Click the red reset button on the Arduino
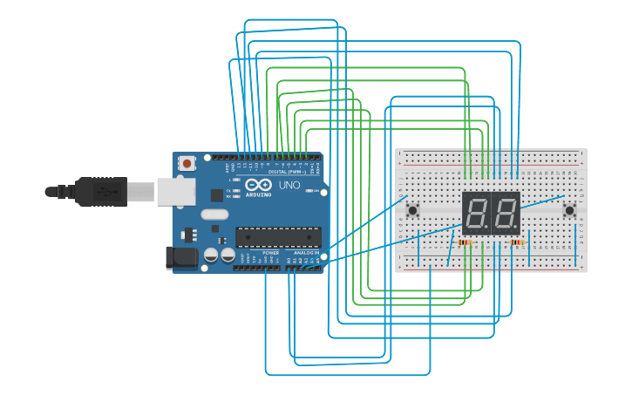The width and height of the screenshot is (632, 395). click(x=187, y=163)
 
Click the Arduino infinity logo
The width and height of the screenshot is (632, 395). click(x=258, y=185)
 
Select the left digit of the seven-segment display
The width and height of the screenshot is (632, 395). click(x=476, y=212)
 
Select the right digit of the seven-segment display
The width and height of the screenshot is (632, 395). click(x=506, y=212)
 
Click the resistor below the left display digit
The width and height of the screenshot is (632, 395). click(x=465, y=242)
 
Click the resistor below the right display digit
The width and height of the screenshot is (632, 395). click(x=518, y=242)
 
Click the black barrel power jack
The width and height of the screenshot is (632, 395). click(x=179, y=256)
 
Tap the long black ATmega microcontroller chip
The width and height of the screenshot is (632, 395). click(x=277, y=237)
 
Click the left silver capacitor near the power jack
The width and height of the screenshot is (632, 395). click(x=211, y=255)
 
